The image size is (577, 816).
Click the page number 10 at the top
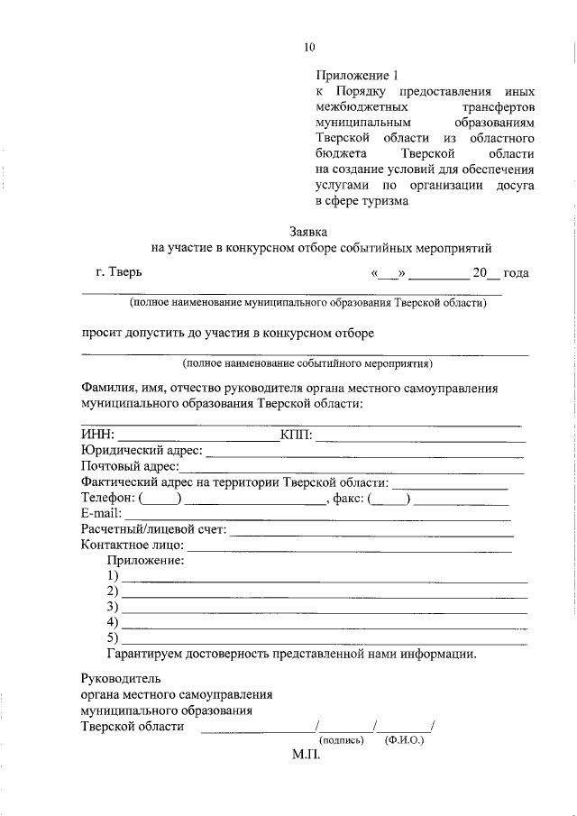point(309,47)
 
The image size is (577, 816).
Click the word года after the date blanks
point(517,272)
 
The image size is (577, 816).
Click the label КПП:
point(296,436)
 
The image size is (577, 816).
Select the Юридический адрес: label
point(141,451)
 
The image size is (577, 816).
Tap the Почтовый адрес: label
point(130,467)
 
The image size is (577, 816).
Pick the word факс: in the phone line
point(346,498)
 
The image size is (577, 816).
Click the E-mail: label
point(101,513)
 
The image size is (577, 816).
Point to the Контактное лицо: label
point(133,545)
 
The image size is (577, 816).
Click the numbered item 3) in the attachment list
point(113,607)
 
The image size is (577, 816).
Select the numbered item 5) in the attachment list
point(113,638)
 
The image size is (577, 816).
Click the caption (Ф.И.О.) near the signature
point(404,739)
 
